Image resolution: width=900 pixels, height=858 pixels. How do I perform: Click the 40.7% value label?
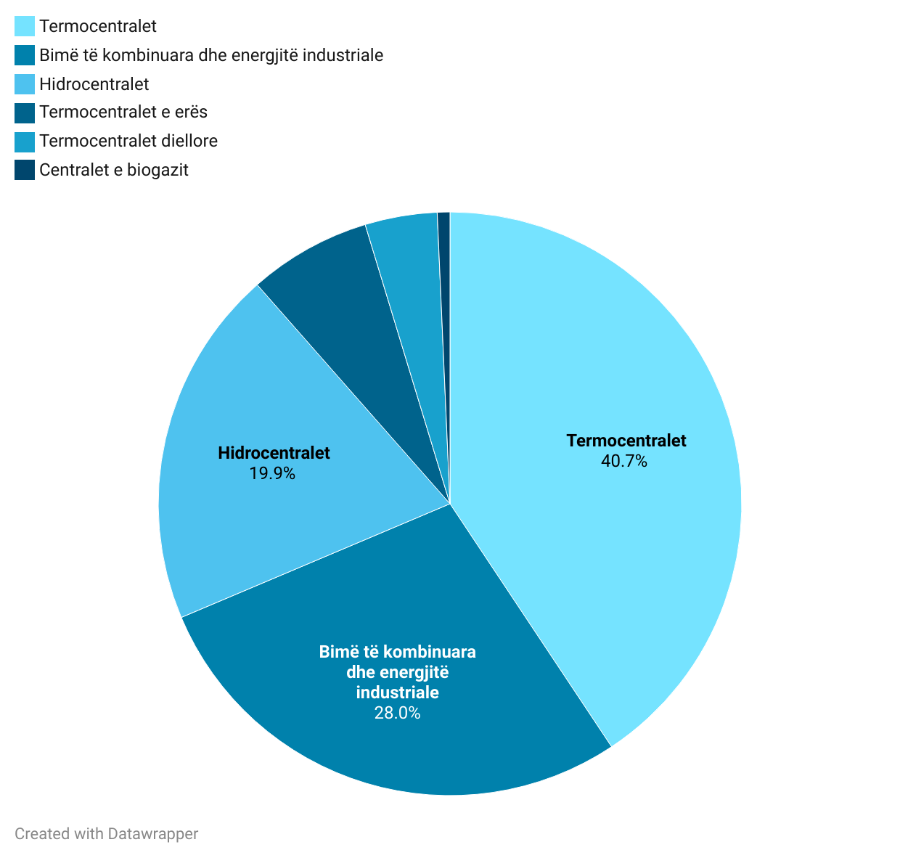tap(624, 461)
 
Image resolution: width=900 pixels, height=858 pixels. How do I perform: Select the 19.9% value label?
tap(272, 473)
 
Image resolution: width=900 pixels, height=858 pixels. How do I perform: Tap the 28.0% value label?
tap(397, 712)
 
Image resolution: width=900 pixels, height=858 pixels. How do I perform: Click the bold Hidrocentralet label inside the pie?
tap(274, 453)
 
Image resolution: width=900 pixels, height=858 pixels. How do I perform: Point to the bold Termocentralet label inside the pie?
tap(626, 441)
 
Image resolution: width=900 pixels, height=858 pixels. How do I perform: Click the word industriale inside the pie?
tap(397, 692)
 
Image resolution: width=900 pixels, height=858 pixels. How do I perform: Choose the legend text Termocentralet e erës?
tap(123, 112)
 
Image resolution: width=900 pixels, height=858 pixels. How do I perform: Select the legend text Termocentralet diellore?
tap(128, 141)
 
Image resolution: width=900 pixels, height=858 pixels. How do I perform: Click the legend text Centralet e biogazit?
tap(114, 170)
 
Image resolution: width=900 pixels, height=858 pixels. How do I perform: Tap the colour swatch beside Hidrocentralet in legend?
tap(25, 83)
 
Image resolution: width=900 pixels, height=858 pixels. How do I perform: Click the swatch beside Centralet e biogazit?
tap(25, 170)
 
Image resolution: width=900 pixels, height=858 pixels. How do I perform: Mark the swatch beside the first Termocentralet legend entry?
tap(25, 26)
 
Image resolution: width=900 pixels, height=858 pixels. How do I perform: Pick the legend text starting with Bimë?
tap(211, 55)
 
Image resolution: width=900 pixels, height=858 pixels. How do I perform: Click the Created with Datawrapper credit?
tap(106, 833)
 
